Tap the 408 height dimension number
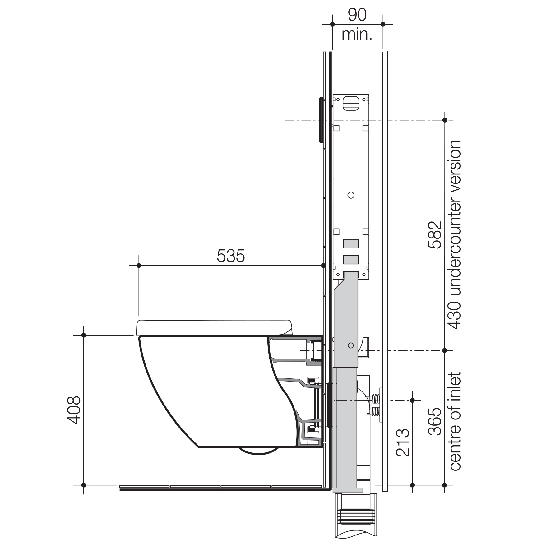pyautogui.click(x=74, y=410)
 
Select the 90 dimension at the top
pyautogui.click(x=357, y=15)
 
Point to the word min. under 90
pyautogui.click(x=357, y=35)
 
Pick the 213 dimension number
pyautogui.click(x=403, y=442)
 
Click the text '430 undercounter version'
pyautogui.click(x=455, y=235)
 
